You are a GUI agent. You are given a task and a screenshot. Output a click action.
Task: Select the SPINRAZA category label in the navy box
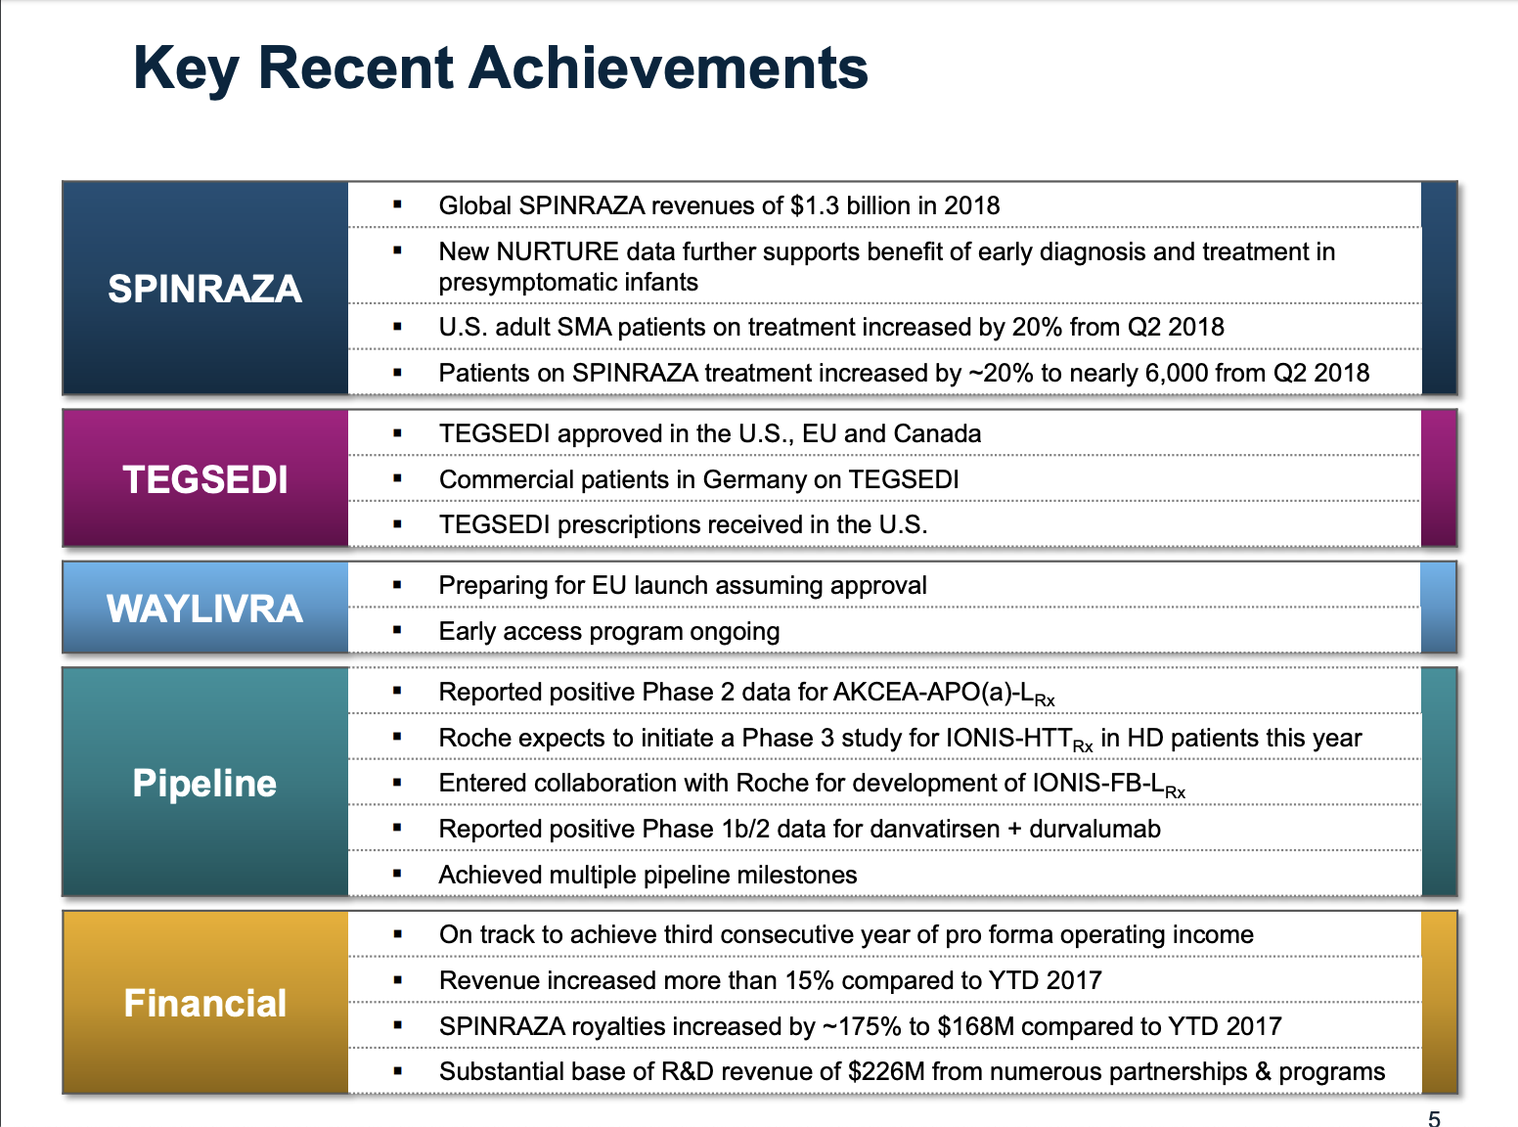pyautogui.click(x=204, y=289)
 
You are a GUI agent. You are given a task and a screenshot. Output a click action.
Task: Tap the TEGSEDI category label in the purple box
pyautogui.click(x=204, y=479)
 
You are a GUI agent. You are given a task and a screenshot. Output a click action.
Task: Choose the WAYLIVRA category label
pyautogui.click(x=204, y=609)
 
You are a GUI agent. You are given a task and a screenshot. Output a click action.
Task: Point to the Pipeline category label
pyautogui.click(x=204, y=784)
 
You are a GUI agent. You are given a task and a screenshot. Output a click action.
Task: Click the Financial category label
pyautogui.click(x=204, y=1004)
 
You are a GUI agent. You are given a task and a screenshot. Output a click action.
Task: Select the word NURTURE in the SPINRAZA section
pyautogui.click(x=558, y=251)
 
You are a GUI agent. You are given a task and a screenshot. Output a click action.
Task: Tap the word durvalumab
pyautogui.click(x=1094, y=829)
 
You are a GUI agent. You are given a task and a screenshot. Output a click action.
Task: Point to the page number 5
pyautogui.click(x=1434, y=1118)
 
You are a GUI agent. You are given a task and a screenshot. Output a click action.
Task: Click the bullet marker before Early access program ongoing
pyautogui.click(x=397, y=631)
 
